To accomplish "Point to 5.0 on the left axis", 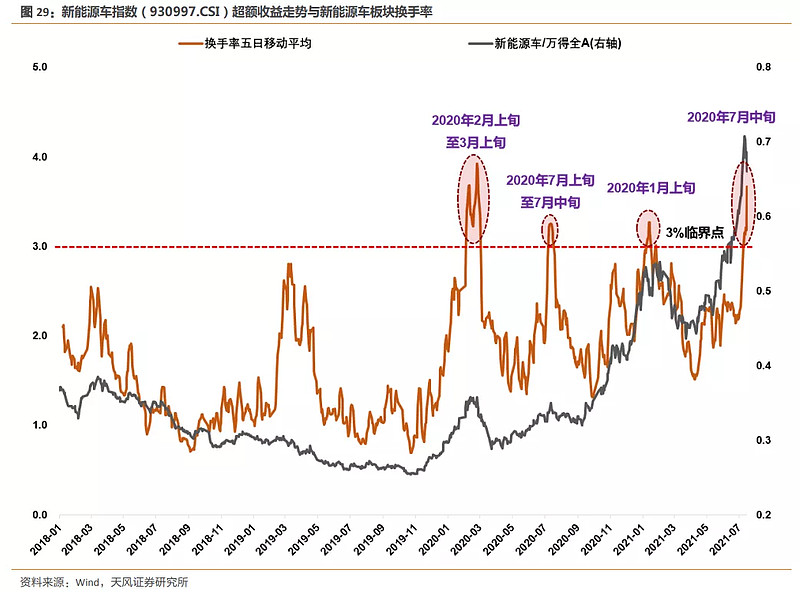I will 41,67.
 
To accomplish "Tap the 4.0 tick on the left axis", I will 41,157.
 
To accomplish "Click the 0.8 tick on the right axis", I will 762,67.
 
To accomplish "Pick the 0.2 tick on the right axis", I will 762,514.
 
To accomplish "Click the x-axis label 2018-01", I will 49,541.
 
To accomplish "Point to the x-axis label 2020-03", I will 465,541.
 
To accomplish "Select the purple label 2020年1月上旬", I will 651,187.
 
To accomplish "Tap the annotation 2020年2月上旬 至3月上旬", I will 476,131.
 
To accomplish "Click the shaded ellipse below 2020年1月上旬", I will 648,228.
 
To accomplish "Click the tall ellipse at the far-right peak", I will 744,201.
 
